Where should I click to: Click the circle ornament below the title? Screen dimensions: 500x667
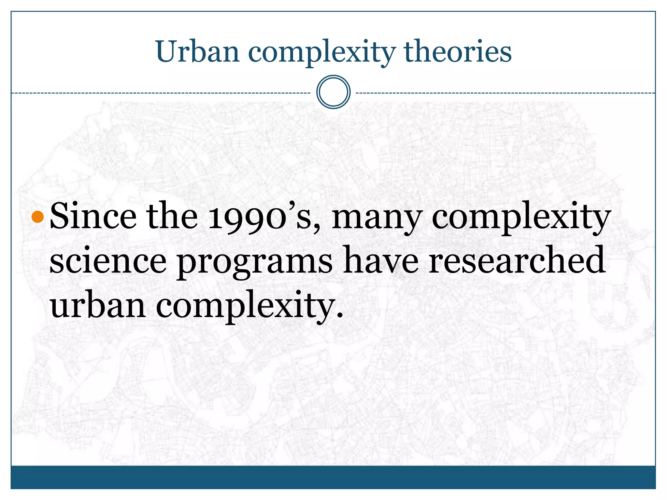pyautogui.click(x=333, y=92)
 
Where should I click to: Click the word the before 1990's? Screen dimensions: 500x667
pyautogui.click(x=172, y=215)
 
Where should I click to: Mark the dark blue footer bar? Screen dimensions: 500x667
pyautogui.click(x=333, y=477)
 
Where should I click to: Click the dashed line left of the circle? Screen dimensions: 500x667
pyautogui.click(x=163, y=93)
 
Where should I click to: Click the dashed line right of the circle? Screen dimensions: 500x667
pyautogui.click(x=505, y=93)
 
